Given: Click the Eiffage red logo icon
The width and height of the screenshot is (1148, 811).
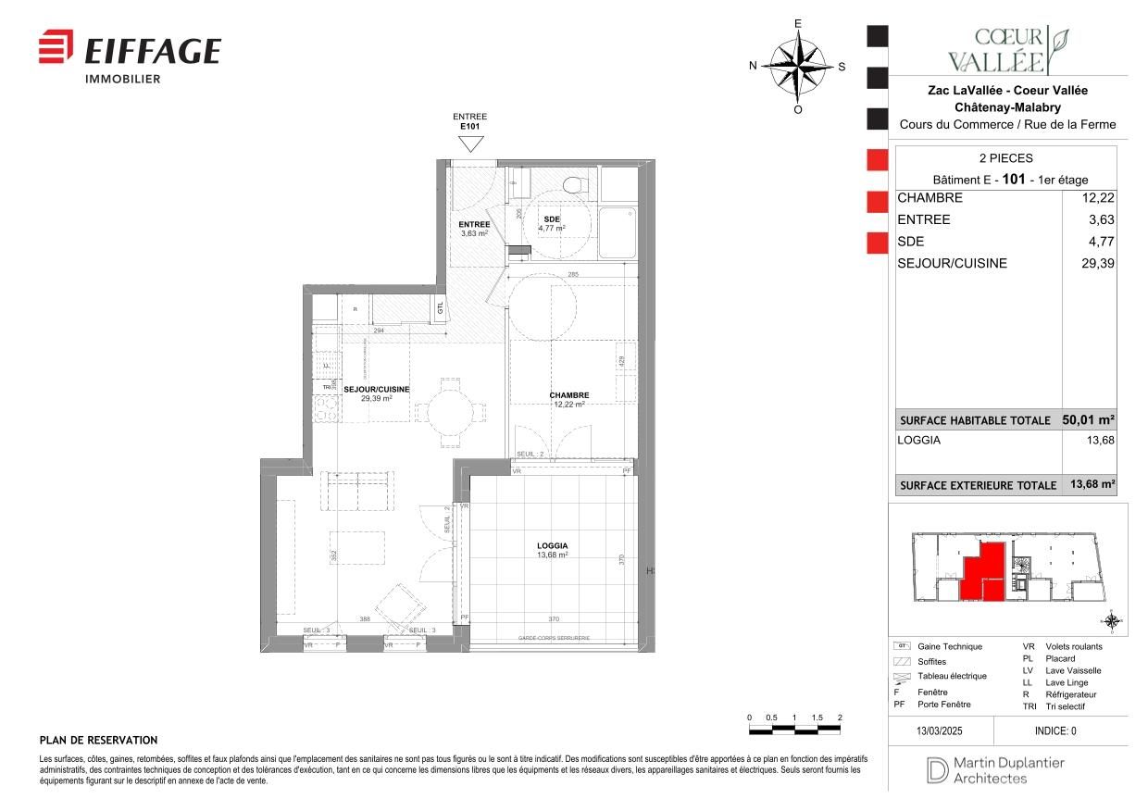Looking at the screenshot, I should [56, 47].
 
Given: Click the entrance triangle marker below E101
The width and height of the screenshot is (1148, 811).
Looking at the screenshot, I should [471, 143].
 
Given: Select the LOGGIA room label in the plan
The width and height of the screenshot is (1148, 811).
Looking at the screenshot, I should [552, 546].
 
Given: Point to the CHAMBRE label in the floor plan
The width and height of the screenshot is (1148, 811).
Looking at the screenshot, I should [568, 395].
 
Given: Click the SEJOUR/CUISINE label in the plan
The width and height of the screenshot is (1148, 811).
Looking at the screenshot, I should [376, 390].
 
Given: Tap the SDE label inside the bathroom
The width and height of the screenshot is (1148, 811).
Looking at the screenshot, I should [552, 218].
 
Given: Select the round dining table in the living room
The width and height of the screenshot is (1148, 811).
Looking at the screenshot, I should [449, 408].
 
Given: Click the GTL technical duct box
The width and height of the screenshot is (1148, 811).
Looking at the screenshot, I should [440, 308].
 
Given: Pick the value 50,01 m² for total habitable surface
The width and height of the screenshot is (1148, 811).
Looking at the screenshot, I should [1089, 419].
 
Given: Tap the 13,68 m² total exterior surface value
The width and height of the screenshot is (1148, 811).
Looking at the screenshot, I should [1092, 484].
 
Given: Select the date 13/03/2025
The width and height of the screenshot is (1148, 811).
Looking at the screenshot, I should [940, 730].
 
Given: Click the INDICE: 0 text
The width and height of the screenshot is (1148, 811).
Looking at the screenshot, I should [1055, 730].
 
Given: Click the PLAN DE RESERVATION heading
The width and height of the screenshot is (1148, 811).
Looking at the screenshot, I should [98, 741].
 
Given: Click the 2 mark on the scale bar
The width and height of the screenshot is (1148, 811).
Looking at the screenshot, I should [839, 718].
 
